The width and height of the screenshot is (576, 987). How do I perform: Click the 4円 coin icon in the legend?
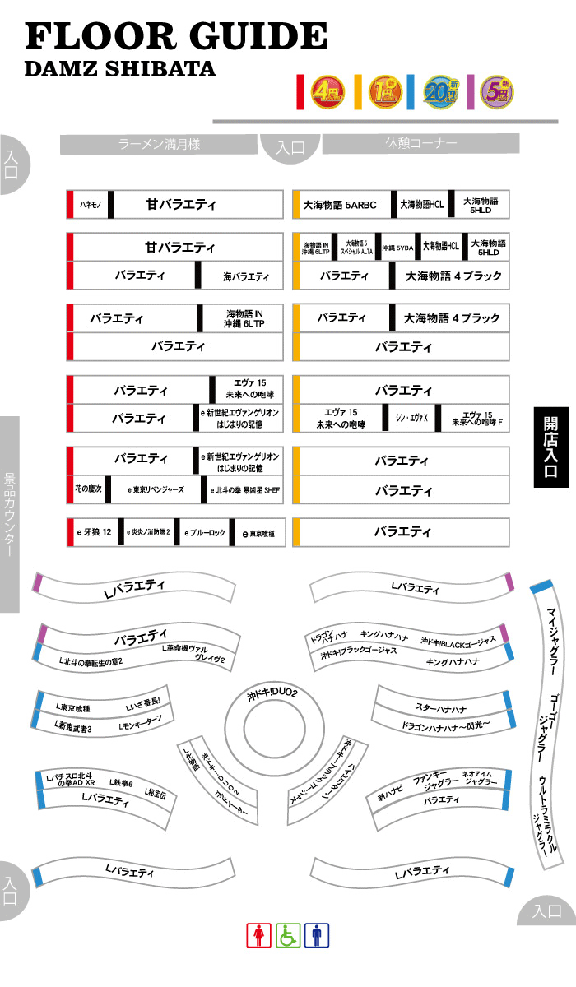[327, 93]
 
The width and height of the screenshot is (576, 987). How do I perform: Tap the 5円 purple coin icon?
[497, 93]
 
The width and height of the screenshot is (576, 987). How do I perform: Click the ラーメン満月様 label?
[159, 145]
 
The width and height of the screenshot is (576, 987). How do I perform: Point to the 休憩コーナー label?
[420, 144]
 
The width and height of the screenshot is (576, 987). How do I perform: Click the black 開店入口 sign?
[550, 447]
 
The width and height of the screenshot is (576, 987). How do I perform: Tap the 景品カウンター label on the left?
[10, 514]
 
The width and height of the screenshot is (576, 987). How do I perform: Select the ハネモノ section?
[90, 205]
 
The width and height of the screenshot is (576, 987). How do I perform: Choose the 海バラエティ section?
[246, 276]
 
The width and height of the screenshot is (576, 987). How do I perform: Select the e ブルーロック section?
[204, 533]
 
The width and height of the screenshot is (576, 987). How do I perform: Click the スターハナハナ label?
[440, 708]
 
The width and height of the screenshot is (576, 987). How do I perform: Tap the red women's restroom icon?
[259, 935]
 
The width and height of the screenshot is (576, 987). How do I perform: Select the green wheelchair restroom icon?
[288, 935]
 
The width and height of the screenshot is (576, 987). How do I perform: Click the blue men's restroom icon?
[317, 935]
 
